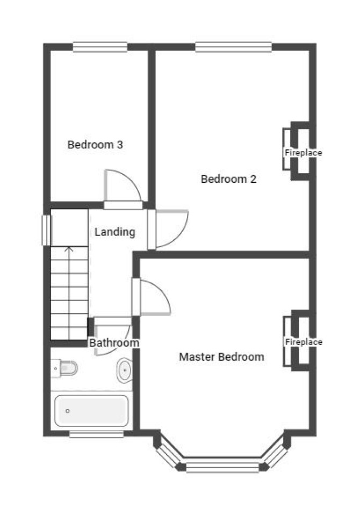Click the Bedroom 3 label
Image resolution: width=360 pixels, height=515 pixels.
click(x=95, y=145)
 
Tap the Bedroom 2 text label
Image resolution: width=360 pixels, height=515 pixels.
click(x=228, y=179)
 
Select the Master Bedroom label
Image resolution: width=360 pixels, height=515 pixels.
click(x=221, y=357)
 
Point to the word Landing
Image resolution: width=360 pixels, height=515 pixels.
click(x=115, y=232)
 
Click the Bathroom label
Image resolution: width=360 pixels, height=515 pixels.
click(x=114, y=342)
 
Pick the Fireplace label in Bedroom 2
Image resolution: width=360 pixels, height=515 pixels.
click(x=303, y=153)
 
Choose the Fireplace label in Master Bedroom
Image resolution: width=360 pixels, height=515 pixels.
click(x=304, y=342)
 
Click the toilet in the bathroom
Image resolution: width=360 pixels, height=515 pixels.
click(x=64, y=368)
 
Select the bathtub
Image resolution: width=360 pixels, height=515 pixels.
click(x=91, y=411)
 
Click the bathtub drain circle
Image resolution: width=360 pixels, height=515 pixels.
click(x=68, y=411)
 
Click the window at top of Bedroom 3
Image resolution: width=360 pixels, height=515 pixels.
click(x=100, y=47)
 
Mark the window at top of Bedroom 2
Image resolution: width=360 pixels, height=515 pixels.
click(x=233, y=47)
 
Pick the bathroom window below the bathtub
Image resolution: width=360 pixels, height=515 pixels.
click(x=97, y=434)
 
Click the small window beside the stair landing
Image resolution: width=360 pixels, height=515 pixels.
click(x=46, y=230)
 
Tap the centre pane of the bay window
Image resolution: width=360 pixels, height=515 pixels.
click(x=223, y=467)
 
